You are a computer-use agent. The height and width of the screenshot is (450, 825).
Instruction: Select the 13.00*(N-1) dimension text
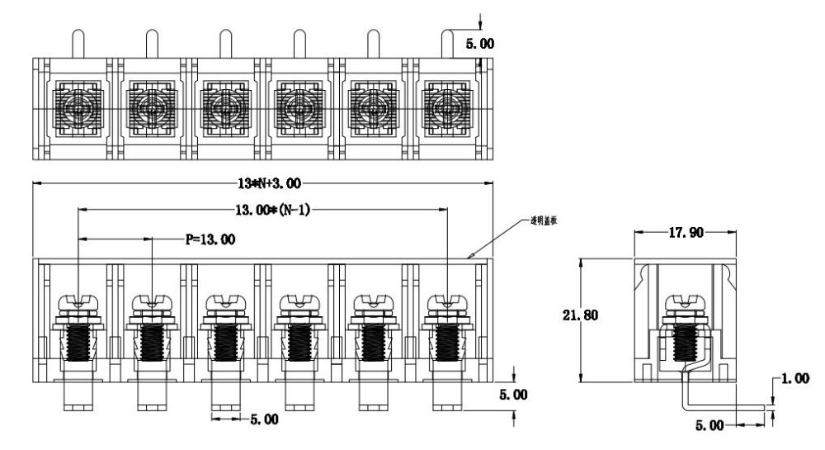[x=272, y=211]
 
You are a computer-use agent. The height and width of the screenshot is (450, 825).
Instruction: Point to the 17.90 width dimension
[x=685, y=234]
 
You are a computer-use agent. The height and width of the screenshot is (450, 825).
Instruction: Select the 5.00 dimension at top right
[x=480, y=43]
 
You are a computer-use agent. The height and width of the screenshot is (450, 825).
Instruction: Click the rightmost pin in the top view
[x=446, y=43]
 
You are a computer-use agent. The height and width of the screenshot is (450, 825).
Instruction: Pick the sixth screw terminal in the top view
[x=446, y=108]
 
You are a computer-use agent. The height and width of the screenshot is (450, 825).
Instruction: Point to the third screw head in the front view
[x=225, y=302]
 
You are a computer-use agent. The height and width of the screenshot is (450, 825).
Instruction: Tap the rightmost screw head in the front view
[x=446, y=302]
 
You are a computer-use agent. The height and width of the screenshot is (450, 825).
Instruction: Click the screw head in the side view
[x=685, y=302]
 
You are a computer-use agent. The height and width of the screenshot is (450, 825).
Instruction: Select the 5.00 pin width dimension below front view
[x=264, y=419]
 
